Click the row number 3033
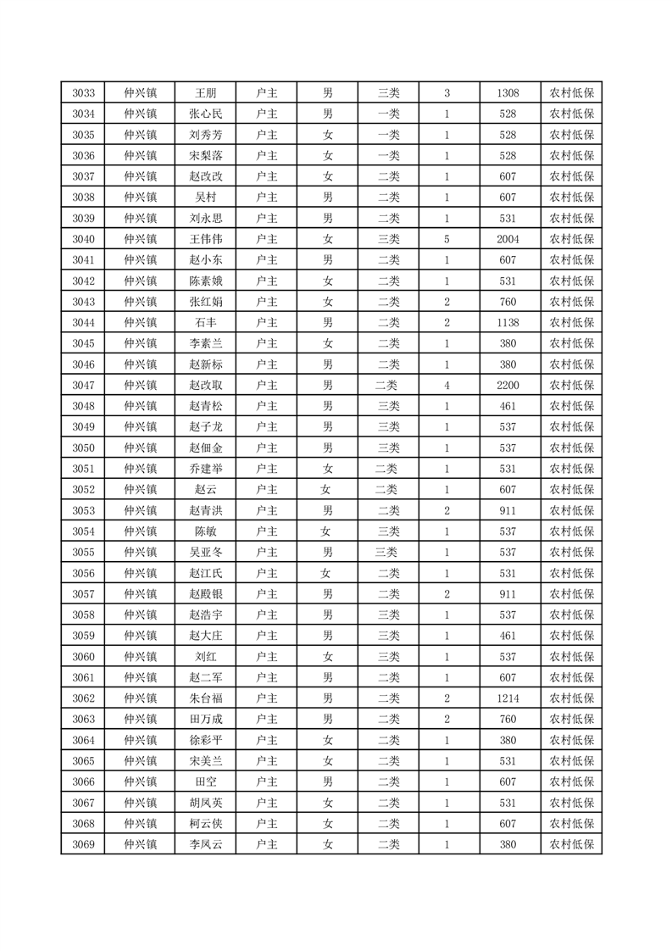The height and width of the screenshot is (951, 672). click(x=83, y=93)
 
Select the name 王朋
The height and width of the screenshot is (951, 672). click(x=205, y=93)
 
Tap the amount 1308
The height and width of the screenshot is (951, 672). click(x=508, y=93)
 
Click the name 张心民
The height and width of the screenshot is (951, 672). click(x=205, y=114)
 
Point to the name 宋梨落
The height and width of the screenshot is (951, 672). click(x=205, y=156)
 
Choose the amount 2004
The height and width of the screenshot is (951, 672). click(x=508, y=239)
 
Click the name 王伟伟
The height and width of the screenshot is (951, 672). click(x=205, y=239)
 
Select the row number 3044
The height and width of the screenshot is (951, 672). click(x=83, y=323)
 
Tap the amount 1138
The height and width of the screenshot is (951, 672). click(x=508, y=323)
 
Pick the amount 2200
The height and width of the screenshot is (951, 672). click(x=508, y=386)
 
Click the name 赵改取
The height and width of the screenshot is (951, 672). click(x=205, y=386)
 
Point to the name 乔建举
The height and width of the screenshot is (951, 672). click(x=205, y=469)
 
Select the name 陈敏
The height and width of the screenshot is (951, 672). click(x=205, y=531)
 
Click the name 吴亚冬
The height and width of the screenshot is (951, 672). click(x=205, y=553)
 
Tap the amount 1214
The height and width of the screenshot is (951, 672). click(x=508, y=698)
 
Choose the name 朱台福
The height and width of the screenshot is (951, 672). click(x=205, y=698)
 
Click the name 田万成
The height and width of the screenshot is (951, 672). click(x=205, y=720)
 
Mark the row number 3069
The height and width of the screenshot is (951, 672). click(x=83, y=844)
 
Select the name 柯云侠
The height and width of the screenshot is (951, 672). click(x=205, y=824)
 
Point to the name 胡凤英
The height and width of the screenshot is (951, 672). click(x=205, y=803)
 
